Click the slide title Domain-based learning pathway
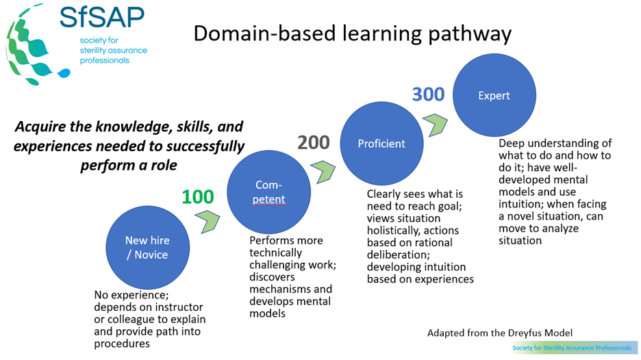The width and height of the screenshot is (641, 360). coord(353,34)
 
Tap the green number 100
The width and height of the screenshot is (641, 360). coord(198,197)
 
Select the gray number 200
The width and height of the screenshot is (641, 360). coord(314,142)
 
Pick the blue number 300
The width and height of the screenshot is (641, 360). coord(428,94)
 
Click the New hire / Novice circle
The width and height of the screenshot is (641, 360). coord(147,247)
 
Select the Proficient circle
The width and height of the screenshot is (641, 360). coord(381,144)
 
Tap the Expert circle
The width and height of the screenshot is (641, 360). coord(494,95)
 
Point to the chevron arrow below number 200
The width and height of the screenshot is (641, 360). coord(322,168)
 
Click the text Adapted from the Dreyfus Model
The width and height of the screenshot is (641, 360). coord(499,333)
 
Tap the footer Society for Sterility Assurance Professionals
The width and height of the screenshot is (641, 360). coord(573,348)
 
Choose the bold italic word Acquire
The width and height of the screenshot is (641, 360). coord(41,127)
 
